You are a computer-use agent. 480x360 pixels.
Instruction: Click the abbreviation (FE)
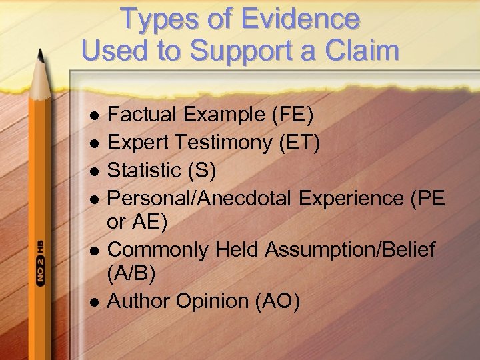click(292, 115)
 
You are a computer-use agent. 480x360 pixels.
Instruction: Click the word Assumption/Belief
click(351, 250)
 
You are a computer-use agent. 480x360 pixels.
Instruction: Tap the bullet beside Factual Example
click(95, 115)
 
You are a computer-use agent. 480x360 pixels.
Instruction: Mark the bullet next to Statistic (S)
click(95, 171)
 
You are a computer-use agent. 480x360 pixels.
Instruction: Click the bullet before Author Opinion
click(95, 302)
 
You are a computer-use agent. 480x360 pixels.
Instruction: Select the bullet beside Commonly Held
click(95, 251)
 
